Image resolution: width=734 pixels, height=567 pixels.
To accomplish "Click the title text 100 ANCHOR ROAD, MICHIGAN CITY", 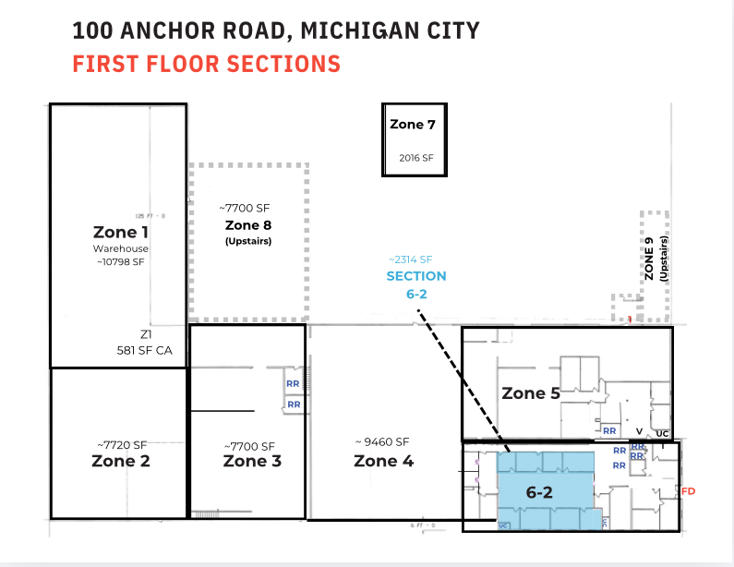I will pyautogui.click(x=276, y=30).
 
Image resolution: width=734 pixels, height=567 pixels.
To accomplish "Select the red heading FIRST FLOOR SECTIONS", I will pyautogui.click(x=206, y=65).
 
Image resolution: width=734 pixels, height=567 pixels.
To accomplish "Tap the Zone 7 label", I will pyautogui.click(x=413, y=125).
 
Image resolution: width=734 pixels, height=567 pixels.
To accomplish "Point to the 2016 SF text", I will pyautogui.click(x=415, y=158).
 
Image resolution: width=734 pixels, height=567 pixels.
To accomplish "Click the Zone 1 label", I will pyautogui.click(x=120, y=232).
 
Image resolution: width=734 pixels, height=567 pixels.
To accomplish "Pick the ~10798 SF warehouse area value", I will pyautogui.click(x=120, y=262).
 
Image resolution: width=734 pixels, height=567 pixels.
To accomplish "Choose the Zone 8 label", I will pyautogui.click(x=248, y=225).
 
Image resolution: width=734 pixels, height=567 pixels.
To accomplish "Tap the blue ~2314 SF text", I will pyautogui.click(x=411, y=259).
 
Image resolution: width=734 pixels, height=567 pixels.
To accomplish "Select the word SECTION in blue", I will pyautogui.click(x=416, y=276).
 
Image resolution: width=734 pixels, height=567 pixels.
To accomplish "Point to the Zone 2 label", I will pyautogui.click(x=121, y=461).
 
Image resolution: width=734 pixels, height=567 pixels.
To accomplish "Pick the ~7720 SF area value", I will pyautogui.click(x=121, y=445).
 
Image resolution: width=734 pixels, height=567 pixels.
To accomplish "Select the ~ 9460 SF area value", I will pyautogui.click(x=381, y=441).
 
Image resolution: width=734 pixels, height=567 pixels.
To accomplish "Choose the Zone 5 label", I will pyautogui.click(x=530, y=393).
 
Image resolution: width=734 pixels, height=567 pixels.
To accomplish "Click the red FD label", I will pyautogui.click(x=687, y=492).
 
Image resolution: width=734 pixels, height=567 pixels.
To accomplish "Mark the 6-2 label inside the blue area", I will pyautogui.click(x=539, y=492).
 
